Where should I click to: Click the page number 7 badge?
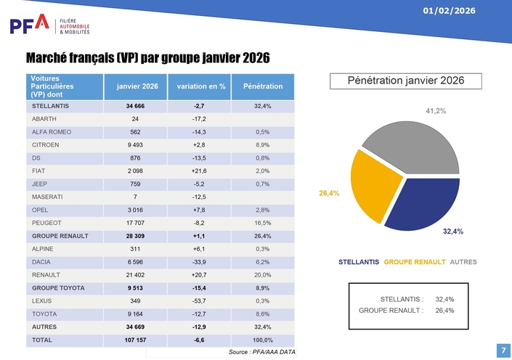tap(503, 350)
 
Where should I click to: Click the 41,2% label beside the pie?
tap(435, 111)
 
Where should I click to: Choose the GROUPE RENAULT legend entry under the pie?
tap(414, 261)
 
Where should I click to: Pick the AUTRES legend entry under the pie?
tap(463, 261)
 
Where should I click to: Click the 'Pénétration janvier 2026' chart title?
tap(405, 81)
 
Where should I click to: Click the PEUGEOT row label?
tap(46, 223)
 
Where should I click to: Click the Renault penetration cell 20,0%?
tap(263, 275)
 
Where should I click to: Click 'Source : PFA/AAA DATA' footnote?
tap(262, 352)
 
